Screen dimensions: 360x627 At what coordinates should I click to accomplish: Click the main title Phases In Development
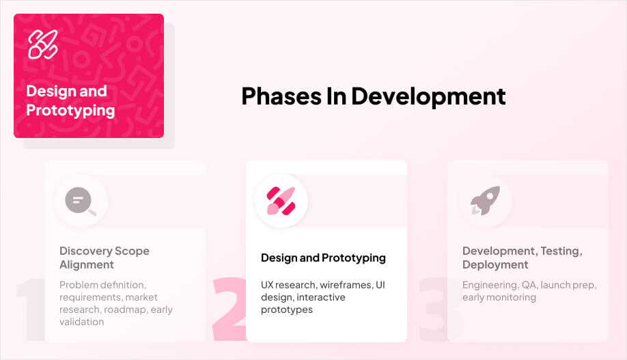click(x=373, y=96)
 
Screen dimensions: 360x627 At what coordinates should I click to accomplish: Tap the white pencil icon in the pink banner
click(x=42, y=44)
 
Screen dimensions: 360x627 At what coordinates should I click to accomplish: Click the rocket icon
click(x=485, y=201)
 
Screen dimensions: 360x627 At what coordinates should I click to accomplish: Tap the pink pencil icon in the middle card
click(x=281, y=201)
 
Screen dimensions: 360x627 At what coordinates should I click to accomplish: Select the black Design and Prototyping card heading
click(x=323, y=258)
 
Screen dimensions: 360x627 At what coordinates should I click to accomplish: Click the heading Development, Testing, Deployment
click(x=522, y=258)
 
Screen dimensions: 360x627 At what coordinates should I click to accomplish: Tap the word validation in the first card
click(x=81, y=322)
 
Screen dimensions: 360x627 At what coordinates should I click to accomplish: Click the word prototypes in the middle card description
click(x=287, y=309)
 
